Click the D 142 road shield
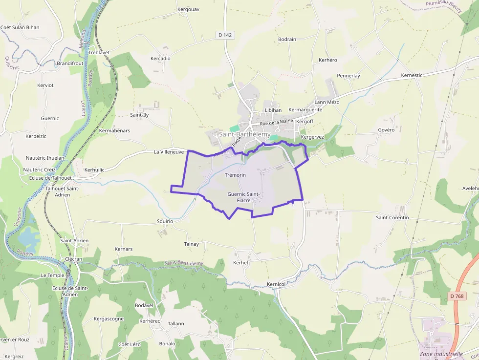tap(224, 35)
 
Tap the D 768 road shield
tap(457, 296)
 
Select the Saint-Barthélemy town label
tap(245, 134)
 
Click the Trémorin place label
tap(235, 175)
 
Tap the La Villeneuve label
tap(169, 152)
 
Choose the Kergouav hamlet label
tap(188, 9)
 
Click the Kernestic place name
tap(412, 75)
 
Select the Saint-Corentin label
tap(392, 217)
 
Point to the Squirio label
tap(165, 221)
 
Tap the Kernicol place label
tap(276, 284)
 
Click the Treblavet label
tap(100, 52)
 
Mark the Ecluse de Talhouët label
tap(50, 178)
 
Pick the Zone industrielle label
tap(441, 354)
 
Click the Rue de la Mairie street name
tap(276, 122)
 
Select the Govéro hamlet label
tap(386, 130)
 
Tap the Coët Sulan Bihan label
tap(20, 27)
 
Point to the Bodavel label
tap(144, 305)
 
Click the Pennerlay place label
tap(348, 76)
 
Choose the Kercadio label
tap(160, 59)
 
